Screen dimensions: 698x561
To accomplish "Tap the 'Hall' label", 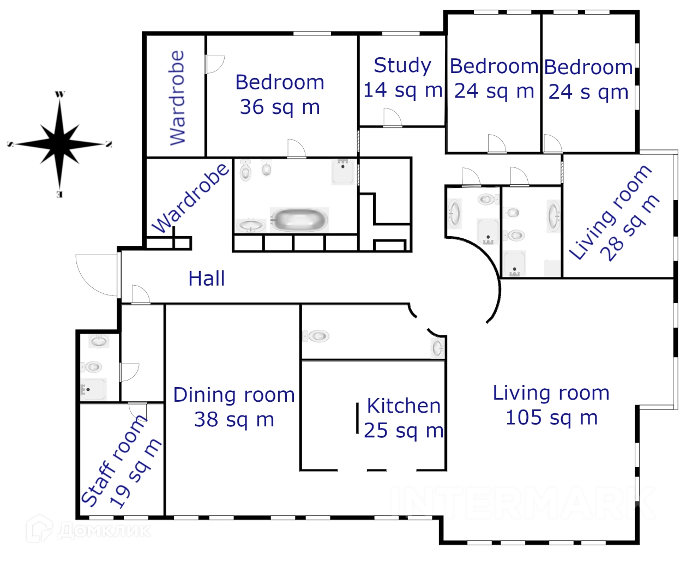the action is click(207, 279).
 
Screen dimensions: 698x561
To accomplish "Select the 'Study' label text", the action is click(402, 66).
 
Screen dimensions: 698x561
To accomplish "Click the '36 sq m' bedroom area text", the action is click(280, 107).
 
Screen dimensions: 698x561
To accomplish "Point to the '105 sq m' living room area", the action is click(551, 418).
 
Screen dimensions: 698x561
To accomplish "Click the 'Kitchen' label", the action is click(404, 406).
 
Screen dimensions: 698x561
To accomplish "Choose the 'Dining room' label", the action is click(234, 395).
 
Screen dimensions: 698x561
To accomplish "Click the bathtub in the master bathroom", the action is click(299, 220).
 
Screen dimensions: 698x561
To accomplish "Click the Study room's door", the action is click(393, 117).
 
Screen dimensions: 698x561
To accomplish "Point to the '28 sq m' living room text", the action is click(630, 228).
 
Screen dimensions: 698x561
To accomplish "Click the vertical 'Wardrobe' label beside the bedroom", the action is click(177, 98).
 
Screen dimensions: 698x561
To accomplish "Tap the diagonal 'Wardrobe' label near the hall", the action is click(190, 198).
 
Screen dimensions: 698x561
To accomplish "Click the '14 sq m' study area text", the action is click(402, 90).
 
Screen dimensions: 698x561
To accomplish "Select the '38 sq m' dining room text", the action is click(234, 420).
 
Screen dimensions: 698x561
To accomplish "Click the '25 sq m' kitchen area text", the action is click(404, 431).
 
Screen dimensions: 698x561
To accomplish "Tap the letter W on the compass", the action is click(59, 94).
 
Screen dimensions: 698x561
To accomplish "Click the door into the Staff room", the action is click(137, 412).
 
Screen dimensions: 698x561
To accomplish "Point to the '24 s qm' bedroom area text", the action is click(588, 92).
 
